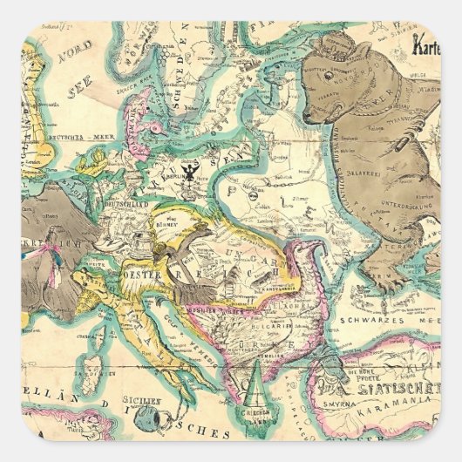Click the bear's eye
pyautogui.click(x=330, y=86)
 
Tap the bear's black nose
pyautogui.click(x=306, y=113)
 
